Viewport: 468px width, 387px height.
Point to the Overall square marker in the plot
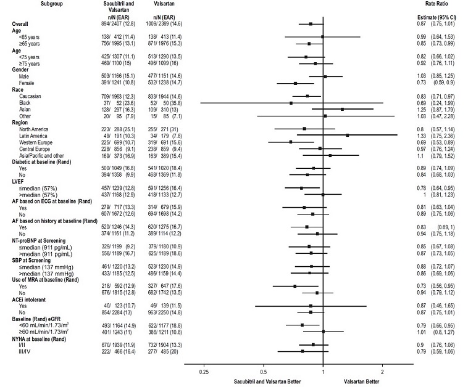pos(311,24)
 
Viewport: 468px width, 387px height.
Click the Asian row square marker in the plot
pos(342,109)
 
